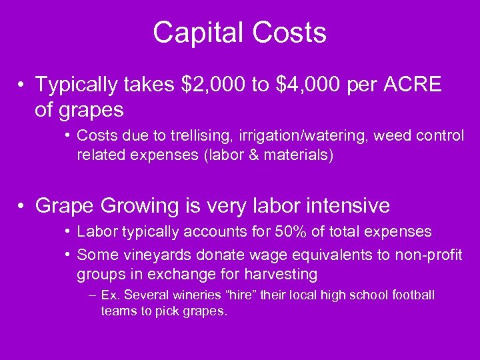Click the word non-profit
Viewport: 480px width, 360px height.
pos(430,254)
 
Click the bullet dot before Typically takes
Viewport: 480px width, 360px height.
pos(22,85)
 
